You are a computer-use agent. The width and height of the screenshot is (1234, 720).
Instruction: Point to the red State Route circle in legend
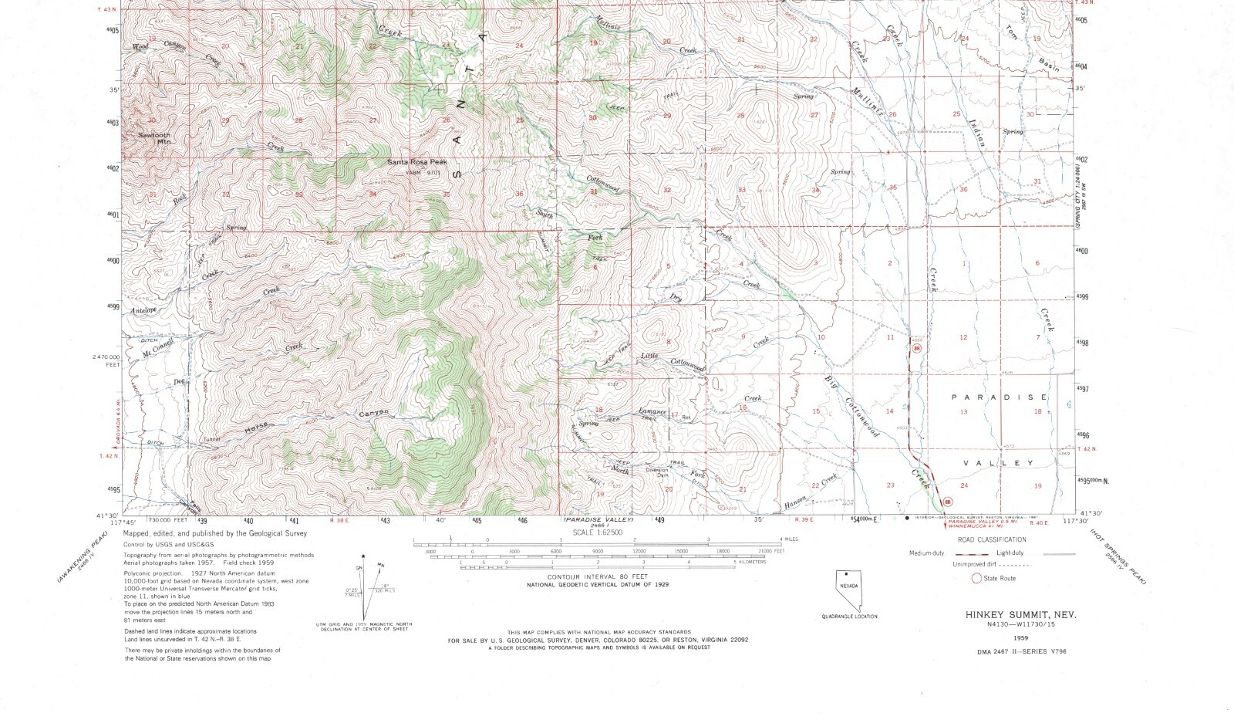pos(976,578)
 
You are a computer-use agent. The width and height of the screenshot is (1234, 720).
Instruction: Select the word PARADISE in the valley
pos(1000,397)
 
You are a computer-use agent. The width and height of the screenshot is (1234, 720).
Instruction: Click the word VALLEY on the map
pos(999,463)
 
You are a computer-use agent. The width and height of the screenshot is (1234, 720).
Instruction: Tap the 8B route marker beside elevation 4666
pos(916,349)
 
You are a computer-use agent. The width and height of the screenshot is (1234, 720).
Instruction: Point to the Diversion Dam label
pos(657,472)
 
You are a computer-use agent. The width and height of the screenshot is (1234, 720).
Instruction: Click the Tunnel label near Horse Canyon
pos(211,440)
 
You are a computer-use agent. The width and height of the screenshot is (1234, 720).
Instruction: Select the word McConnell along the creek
pos(159,347)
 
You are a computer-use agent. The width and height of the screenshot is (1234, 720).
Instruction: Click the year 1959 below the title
pos(1020,638)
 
